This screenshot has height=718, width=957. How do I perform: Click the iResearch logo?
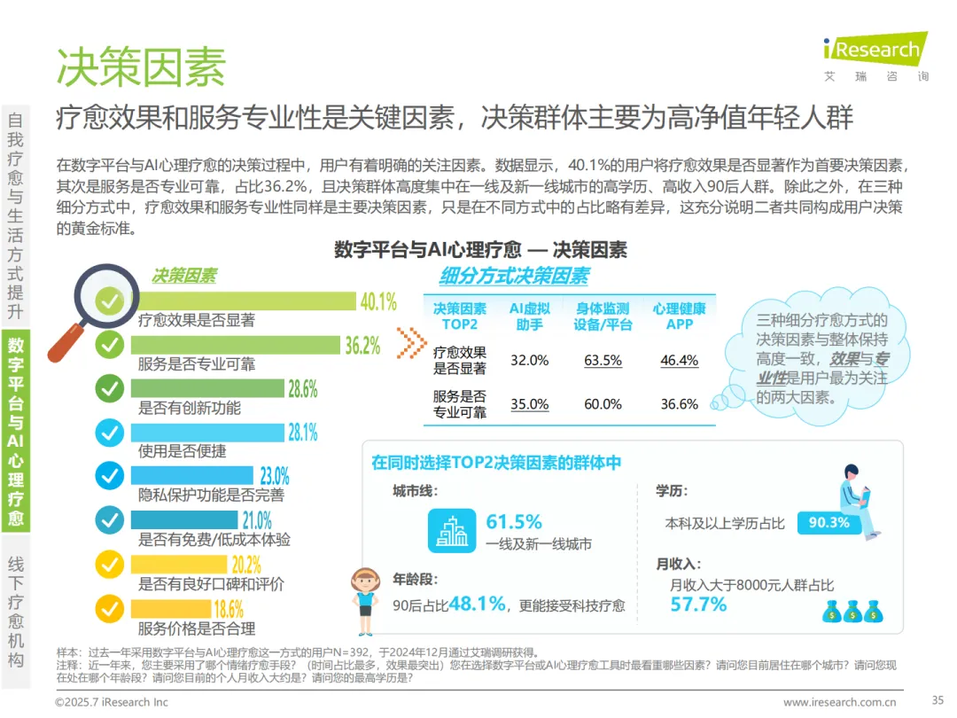tap(875, 48)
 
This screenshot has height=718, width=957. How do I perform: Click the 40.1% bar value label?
tap(378, 301)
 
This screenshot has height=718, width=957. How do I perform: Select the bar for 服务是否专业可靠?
tap(236, 345)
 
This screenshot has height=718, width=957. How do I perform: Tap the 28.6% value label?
tap(303, 389)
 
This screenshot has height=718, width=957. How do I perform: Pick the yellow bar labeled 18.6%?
tap(171, 609)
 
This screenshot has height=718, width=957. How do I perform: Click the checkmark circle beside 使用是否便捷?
tap(110, 433)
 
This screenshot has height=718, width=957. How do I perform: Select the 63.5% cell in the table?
tap(603, 360)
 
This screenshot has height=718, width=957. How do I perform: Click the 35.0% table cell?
tap(529, 404)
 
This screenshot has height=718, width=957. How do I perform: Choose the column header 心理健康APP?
tap(680, 316)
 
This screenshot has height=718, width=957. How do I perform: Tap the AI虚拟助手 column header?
tap(529, 316)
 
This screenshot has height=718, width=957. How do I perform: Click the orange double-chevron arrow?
tap(411, 342)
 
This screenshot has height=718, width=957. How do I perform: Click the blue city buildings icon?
tap(452, 531)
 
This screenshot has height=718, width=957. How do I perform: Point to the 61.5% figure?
tap(514, 522)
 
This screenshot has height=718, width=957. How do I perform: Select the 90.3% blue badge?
tap(829, 523)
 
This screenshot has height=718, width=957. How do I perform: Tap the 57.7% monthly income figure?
tap(698, 605)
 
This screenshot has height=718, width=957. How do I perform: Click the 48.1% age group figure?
tap(478, 604)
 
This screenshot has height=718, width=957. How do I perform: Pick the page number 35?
tap(938, 700)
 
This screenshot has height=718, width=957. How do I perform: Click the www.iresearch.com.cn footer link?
tap(840, 702)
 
